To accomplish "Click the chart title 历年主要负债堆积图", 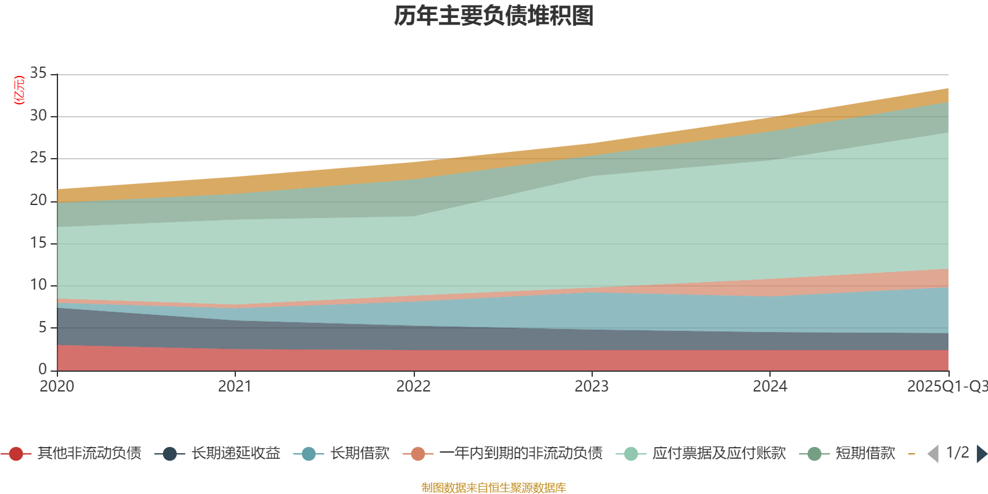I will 494,16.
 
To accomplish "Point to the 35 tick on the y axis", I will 38,73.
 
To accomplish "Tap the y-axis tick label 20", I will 38,200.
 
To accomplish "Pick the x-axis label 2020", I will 57,387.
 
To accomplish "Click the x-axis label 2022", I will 413,387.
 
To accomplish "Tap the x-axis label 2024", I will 769,387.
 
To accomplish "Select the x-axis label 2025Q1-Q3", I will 947,387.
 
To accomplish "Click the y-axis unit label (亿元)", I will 19,90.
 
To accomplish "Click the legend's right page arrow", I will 982,454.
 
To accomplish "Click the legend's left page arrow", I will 933,454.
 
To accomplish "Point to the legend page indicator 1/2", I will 957,453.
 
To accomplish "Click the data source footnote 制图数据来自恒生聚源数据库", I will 494,488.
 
